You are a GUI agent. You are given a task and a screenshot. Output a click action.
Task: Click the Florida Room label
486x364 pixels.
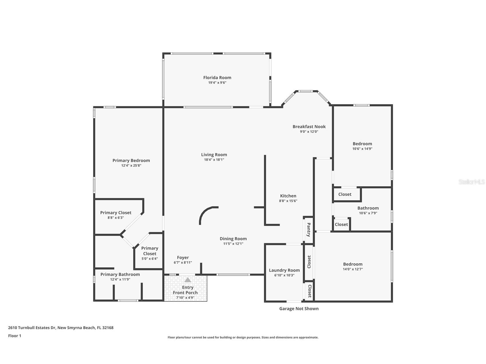(x=217, y=78)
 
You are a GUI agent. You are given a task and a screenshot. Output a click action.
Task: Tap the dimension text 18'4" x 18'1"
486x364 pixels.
(x=214, y=160)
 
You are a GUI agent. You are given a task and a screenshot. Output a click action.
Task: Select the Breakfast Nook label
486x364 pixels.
(x=309, y=126)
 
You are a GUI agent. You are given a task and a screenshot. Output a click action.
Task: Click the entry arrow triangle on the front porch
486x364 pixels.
(x=188, y=280)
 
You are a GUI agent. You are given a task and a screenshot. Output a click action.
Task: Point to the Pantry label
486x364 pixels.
(x=309, y=230)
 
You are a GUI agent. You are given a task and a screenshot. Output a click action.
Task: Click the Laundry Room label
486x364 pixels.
(x=284, y=270)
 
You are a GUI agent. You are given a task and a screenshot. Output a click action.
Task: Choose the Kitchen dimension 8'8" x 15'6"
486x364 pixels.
(x=288, y=201)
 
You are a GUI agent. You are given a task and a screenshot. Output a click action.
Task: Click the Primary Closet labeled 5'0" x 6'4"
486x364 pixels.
(x=149, y=251)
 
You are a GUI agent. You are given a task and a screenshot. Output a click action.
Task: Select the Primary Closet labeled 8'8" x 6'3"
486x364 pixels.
(x=116, y=213)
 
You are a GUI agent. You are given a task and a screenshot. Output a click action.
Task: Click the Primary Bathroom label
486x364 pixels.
(x=120, y=274)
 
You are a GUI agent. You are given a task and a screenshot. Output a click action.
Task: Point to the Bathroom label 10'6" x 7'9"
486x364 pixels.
(x=368, y=208)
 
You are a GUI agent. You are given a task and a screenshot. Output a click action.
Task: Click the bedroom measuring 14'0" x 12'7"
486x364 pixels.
(x=353, y=264)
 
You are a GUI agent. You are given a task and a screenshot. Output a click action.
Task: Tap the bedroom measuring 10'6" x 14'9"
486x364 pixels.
(x=362, y=144)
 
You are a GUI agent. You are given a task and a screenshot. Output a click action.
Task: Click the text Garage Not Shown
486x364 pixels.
(x=299, y=308)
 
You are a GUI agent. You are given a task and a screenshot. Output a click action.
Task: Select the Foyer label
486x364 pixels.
(x=183, y=258)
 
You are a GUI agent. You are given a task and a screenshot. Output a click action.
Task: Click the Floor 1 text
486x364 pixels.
(x=15, y=336)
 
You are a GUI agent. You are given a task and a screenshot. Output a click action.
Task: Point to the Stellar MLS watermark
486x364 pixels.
(x=471, y=182)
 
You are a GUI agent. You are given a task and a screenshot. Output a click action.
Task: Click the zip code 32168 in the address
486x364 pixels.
(x=108, y=328)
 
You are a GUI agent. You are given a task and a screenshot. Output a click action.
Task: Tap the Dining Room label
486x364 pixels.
(x=233, y=239)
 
